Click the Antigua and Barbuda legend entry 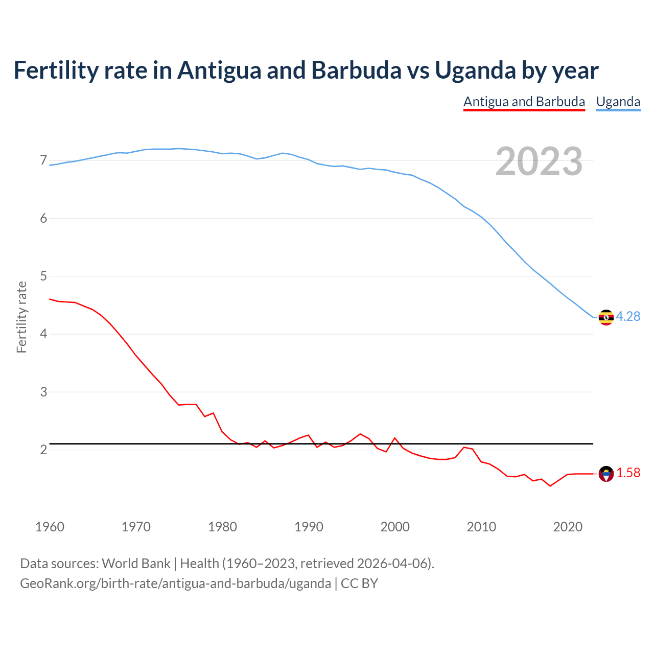tap(524, 102)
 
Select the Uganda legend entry tap(618, 102)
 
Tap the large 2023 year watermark tap(539, 161)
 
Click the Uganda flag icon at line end tap(606, 317)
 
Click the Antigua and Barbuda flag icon tap(606, 474)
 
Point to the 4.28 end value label tap(628, 317)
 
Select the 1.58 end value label tap(628, 473)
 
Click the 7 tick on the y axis tap(43, 160)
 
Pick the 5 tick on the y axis tap(43, 276)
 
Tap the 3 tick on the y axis tap(43, 392)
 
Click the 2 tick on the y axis tap(43, 450)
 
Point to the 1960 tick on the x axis tap(50, 527)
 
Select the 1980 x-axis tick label tap(222, 527)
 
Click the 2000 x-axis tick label tap(395, 527)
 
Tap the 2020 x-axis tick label tap(568, 527)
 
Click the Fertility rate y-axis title tap(21, 317)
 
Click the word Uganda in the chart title tap(475, 70)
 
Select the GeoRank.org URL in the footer tap(175, 583)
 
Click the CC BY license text tap(359, 583)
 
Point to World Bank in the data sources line tap(136, 564)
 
